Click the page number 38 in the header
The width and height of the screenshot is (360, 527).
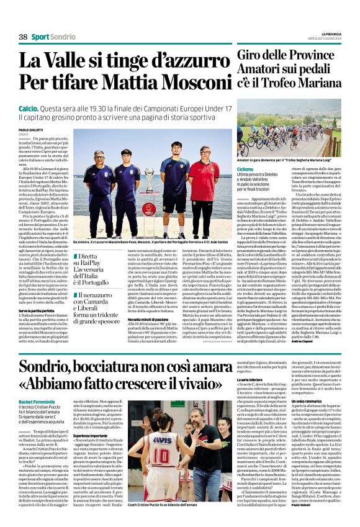coord(23,37)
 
